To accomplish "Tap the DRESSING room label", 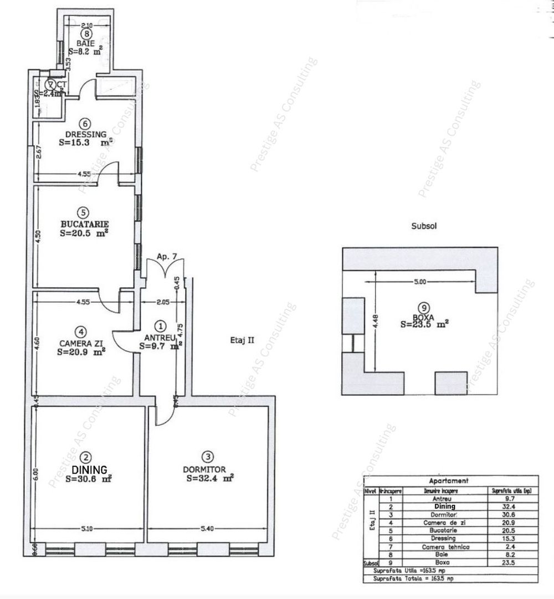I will pyautogui.click(x=85, y=134).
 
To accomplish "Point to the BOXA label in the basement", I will pyautogui.click(x=424, y=317).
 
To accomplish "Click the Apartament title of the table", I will pyautogui.click(x=449, y=481).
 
